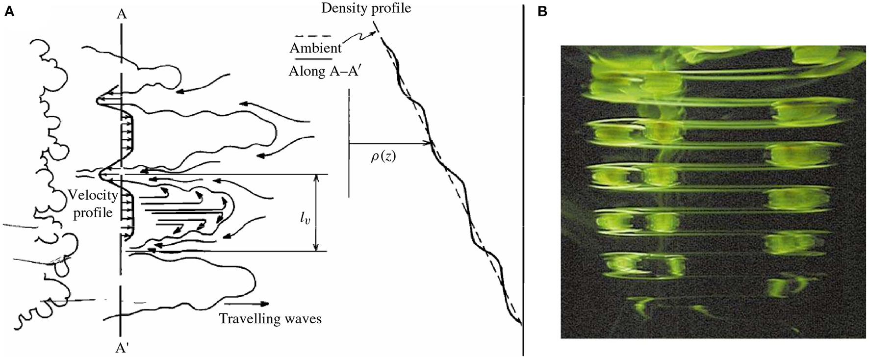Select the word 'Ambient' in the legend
[x=315, y=48]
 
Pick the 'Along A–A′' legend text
[x=325, y=71]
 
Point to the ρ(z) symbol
[x=383, y=158]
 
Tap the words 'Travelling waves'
[x=270, y=319]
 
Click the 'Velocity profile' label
[x=93, y=205]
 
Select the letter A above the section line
[x=122, y=14]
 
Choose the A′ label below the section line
[x=122, y=348]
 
